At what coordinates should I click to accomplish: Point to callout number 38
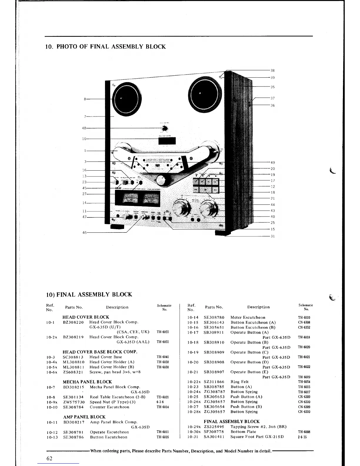click(x=273, y=71)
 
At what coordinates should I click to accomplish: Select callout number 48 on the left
click(x=84, y=128)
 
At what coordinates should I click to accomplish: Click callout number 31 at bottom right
click(x=273, y=236)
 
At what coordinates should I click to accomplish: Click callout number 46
click(x=84, y=232)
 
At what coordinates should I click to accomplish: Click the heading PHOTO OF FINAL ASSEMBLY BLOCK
click(x=105, y=47)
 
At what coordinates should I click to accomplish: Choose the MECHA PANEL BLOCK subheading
click(x=87, y=382)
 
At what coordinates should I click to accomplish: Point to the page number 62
click(x=49, y=458)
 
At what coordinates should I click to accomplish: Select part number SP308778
click(x=214, y=432)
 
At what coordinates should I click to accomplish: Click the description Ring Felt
click(x=239, y=382)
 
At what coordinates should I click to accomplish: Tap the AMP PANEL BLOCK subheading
click(x=84, y=417)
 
